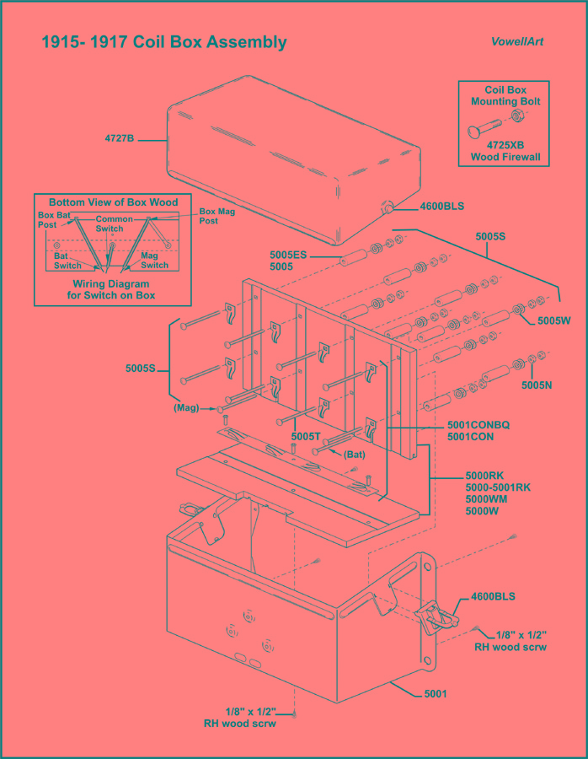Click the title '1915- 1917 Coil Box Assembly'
click(164, 42)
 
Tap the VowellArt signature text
click(517, 42)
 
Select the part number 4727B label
click(119, 138)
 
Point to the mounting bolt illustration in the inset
click(493, 122)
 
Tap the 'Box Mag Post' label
click(216, 216)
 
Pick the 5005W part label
click(554, 320)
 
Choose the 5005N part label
click(536, 385)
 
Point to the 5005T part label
click(304, 436)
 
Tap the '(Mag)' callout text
click(186, 408)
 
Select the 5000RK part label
click(484, 476)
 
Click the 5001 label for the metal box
click(436, 694)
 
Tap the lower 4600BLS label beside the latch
click(494, 596)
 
